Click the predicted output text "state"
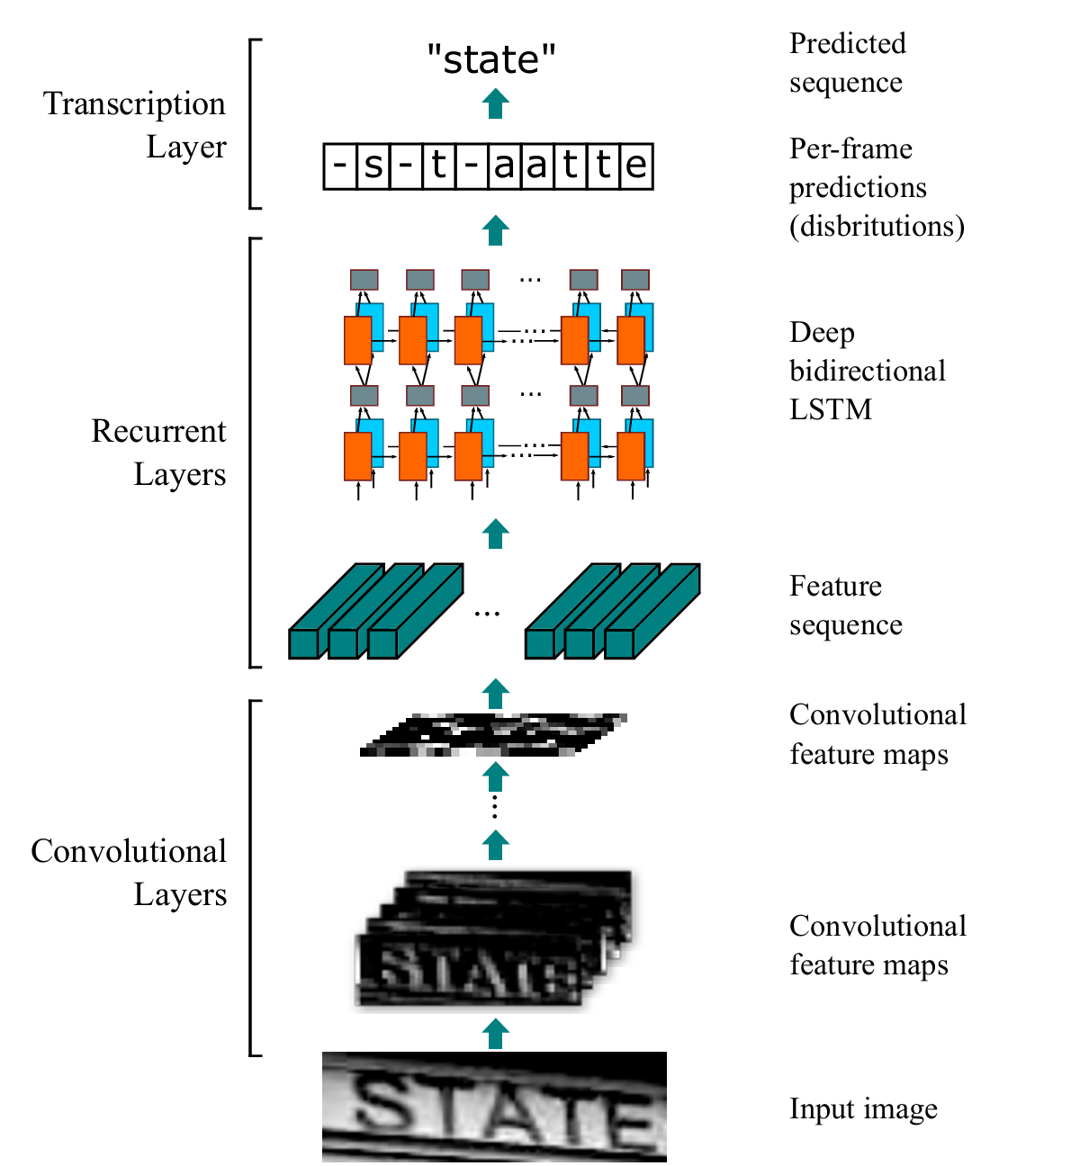(x=491, y=60)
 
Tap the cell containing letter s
(x=373, y=166)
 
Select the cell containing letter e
(x=636, y=166)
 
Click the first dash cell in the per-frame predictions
(x=340, y=166)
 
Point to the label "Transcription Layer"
(x=135, y=125)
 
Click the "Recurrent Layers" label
(x=158, y=453)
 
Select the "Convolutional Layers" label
(x=129, y=873)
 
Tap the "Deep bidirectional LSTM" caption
(x=867, y=371)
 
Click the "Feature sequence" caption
(x=845, y=605)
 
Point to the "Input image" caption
(x=863, y=1109)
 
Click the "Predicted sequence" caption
(x=847, y=63)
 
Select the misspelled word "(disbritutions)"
(x=877, y=226)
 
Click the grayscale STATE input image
(x=494, y=1107)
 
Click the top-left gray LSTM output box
(x=364, y=280)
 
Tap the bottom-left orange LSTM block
(x=358, y=456)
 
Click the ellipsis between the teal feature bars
(x=487, y=614)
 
